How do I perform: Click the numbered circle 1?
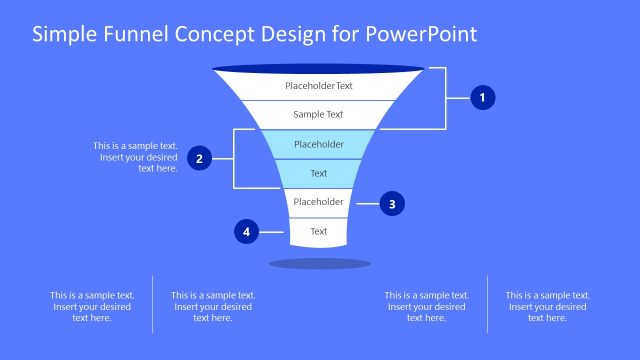tap(483, 98)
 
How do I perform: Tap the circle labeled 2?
tap(200, 158)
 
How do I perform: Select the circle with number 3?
tap(392, 203)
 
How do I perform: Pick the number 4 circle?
tap(246, 232)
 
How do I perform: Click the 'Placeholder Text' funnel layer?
tap(319, 86)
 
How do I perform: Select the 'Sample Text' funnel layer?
tap(319, 114)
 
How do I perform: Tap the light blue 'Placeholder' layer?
tap(319, 144)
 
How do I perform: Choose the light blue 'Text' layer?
tap(319, 173)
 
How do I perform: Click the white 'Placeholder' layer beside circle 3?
tap(319, 202)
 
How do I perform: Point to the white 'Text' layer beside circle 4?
tap(319, 232)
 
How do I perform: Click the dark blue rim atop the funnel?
tap(319, 69)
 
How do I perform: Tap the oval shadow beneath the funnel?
tap(319, 264)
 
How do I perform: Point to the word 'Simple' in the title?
tap(63, 35)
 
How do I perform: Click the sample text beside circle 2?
tap(136, 157)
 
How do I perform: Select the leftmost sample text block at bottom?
tap(92, 306)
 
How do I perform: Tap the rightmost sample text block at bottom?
tap(547, 306)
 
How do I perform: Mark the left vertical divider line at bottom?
tap(152, 304)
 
